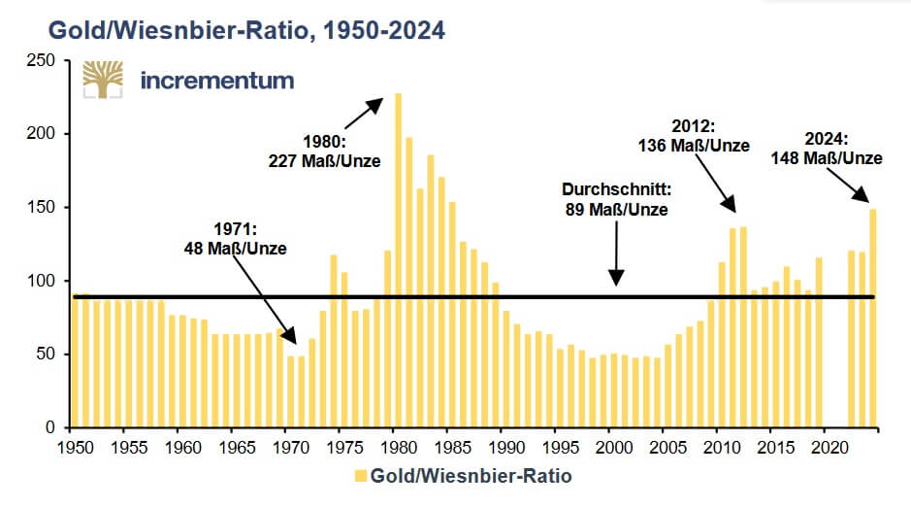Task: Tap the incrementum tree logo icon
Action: click(102, 80)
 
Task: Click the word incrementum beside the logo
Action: click(216, 79)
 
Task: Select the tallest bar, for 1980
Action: click(398, 262)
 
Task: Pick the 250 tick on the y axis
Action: click(42, 60)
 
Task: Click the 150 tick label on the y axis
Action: click(42, 207)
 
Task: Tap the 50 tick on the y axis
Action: click(47, 355)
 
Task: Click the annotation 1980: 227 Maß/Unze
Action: click(324, 152)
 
